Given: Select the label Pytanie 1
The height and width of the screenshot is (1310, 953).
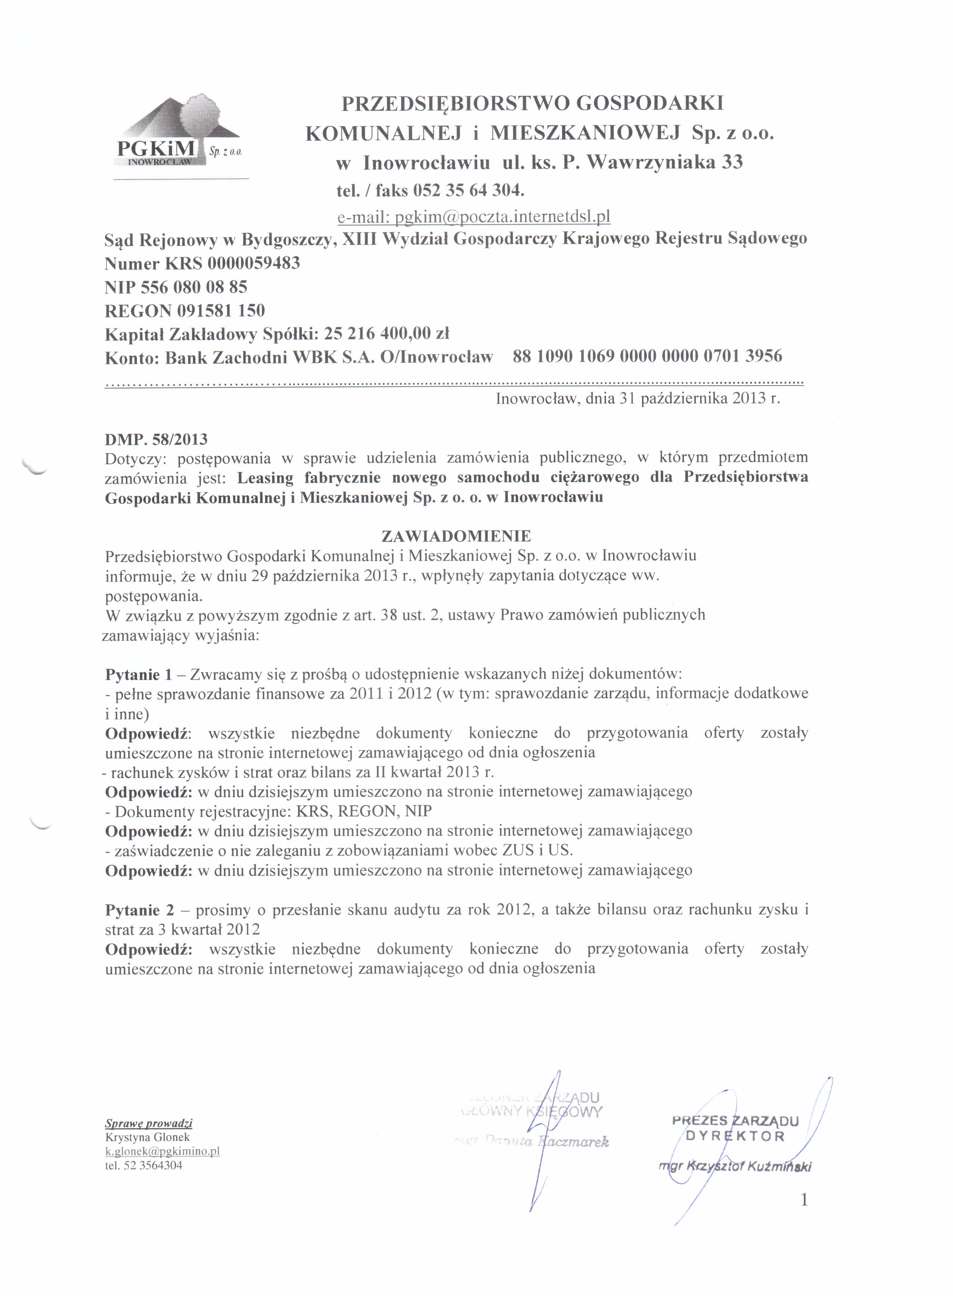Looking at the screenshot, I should coord(139,674).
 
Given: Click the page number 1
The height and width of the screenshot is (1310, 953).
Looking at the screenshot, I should coord(803,1200).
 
